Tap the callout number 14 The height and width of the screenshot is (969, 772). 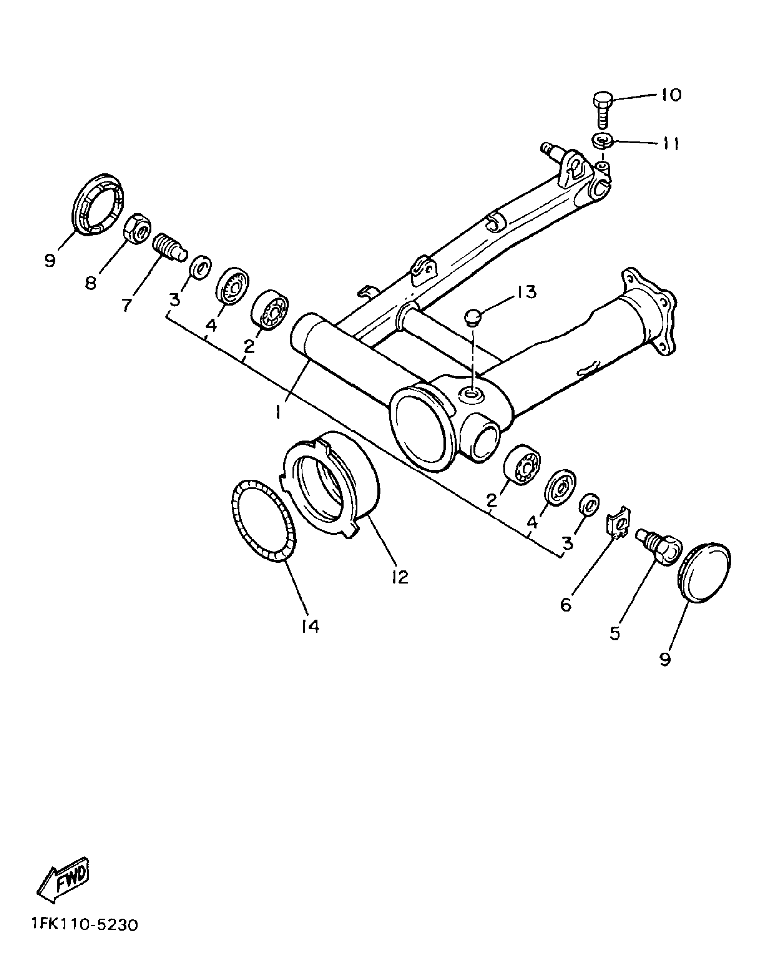[x=310, y=627]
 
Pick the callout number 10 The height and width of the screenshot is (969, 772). [x=671, y=95]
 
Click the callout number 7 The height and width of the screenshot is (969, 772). [x=127, y=305]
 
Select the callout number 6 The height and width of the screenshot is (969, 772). [x=566, y=605]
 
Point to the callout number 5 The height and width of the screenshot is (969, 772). [x=615, y=633]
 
